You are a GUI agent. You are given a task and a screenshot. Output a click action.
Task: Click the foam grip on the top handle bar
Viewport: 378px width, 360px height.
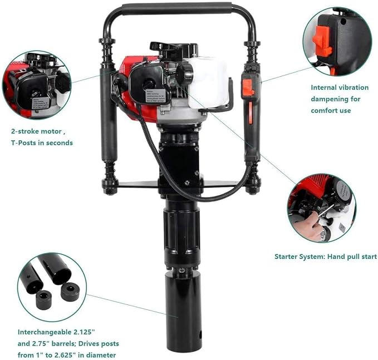tap(178, 9)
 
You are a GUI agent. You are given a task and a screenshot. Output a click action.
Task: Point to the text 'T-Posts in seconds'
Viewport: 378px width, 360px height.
tap(42, 142)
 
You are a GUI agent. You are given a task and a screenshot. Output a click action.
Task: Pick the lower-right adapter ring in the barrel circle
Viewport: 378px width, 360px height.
tap(70, 292)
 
